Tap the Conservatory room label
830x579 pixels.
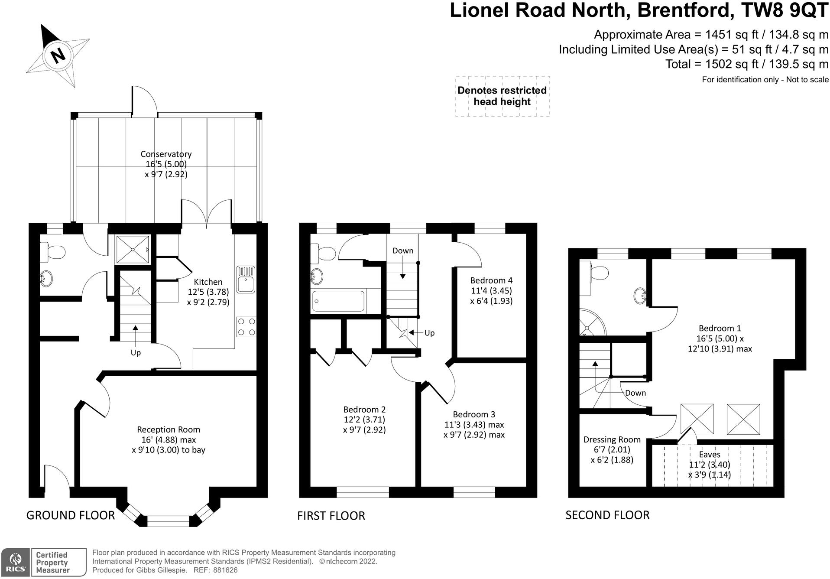coord(166,154)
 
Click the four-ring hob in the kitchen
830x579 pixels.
coord(246,327)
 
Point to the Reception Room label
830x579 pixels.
coord(169,429)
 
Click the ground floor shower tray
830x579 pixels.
coord(133,249)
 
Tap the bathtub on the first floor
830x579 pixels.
coord(338,301)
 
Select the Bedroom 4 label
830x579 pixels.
coord(491,280)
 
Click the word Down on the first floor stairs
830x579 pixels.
coord(403,250)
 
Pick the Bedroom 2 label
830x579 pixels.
coord(364,409)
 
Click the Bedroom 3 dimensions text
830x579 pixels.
coord(474,430)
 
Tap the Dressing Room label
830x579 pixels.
coord(612,439)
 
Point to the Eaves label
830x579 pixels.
coord(710,455)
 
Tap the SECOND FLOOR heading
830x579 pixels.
coord(607,515)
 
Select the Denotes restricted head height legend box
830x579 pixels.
coord(502,96)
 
